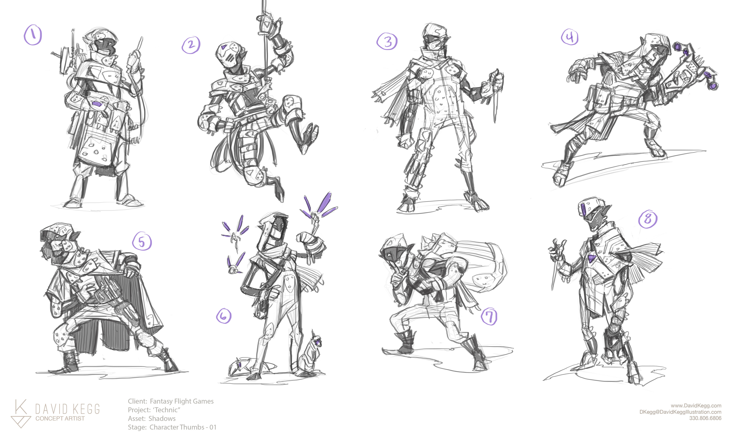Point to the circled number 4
click(x=570, y=37)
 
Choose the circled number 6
click(x=224, y=316)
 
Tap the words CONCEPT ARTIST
click(x=60, y=418)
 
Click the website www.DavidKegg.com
click(x=696, y=406)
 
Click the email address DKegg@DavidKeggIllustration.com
click(x=680, y=412)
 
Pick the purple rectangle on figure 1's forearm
click(x=96, y=103)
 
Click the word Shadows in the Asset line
click(x=162, y=418)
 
